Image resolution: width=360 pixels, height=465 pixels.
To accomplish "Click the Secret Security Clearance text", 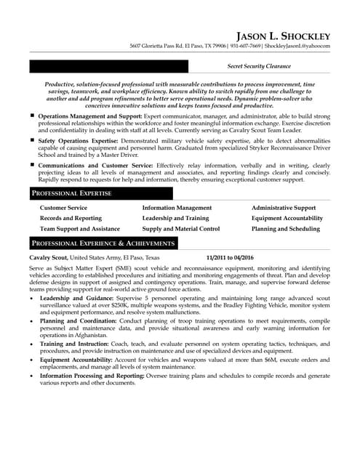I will coord(259,66).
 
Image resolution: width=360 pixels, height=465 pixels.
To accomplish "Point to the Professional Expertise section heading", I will coord(71,193).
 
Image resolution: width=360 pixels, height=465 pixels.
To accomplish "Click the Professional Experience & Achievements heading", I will coord(103,243).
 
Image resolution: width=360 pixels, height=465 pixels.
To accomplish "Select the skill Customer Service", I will coord(63,208).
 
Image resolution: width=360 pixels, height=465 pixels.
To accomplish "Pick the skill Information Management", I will coord(177,208).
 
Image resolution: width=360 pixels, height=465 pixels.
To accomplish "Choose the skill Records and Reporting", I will coord(71,218).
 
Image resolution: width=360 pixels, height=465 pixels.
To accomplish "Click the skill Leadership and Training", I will coord(175,218).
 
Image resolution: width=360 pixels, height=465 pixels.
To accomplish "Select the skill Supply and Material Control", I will coord(181,228).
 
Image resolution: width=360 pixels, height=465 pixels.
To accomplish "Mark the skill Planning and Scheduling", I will coord(285,228).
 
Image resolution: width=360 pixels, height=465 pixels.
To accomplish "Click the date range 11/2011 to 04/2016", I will coord(230,257).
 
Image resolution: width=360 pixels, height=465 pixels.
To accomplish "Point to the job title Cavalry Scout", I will coord(49,257).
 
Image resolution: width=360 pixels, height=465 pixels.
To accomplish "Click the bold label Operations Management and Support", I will coord(89,116).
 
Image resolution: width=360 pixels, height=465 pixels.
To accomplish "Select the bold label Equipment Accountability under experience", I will coord(76,359).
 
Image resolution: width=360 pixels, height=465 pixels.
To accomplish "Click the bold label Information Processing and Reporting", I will coord(92,376).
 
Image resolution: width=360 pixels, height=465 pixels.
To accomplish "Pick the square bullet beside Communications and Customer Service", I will coord(32,165).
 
